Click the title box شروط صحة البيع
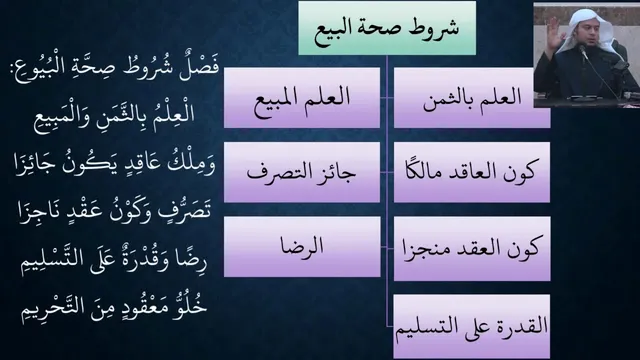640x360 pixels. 387,28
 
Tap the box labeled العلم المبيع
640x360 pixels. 302,98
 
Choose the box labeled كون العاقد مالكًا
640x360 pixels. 472,172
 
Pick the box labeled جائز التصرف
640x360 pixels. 302,172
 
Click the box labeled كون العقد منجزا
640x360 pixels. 472,249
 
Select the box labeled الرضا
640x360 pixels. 302,247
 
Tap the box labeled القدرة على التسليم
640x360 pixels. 472,327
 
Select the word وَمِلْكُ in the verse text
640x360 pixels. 191,163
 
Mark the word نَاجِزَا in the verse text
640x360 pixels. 39,213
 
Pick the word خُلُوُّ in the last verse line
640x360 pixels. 190,306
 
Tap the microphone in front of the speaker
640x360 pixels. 583,52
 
